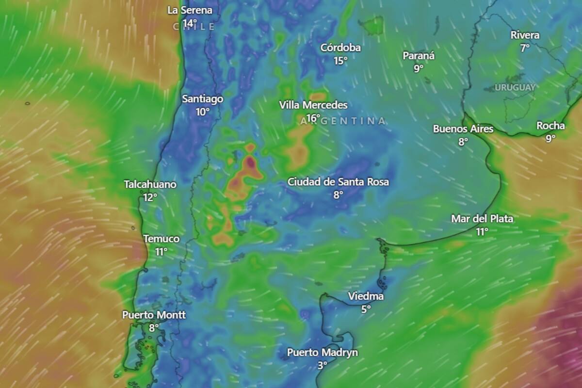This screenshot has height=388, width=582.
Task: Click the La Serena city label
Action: (x=190, y=10)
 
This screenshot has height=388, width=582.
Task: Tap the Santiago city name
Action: (x=203, y=99)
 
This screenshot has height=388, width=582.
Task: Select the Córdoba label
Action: (x=340, y=48)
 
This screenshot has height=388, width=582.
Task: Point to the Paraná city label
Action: (x=419, y=56)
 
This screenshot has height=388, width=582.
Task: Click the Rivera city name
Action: (x=525, y=35)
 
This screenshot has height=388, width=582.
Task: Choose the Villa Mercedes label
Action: (x=313, y=105)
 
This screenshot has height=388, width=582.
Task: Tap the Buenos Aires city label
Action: (x=463, y=129)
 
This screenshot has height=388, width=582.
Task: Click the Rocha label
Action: (x=550, y=126)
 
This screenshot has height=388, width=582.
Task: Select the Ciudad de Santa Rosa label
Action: (x=338, y=182)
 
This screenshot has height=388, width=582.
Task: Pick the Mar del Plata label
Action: (x=482, y=219)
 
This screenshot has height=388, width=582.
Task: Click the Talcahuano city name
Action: (x=150, y=185)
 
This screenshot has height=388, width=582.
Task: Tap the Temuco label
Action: (x=162, y=239)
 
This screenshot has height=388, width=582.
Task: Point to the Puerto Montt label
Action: (x=154, y=315)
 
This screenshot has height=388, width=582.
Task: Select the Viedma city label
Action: (x=366, y=296)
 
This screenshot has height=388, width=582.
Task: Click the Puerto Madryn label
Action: (x=323, y=353)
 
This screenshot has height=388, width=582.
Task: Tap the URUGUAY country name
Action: (x=515, y=88)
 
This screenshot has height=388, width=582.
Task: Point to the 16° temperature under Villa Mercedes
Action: (x=313, y=117)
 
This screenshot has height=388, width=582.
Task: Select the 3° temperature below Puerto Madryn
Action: (x=323, y=365)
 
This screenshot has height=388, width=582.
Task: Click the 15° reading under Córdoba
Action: (x=340, y=60)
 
